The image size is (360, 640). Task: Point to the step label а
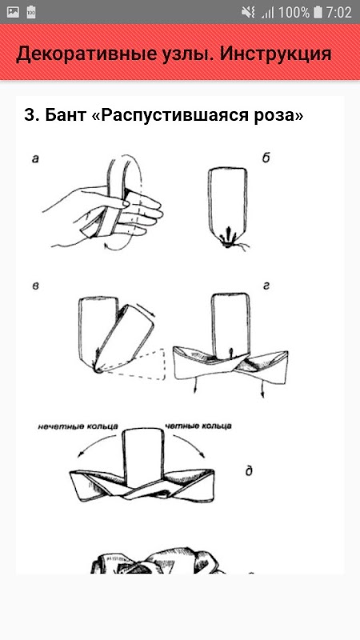point(35,159)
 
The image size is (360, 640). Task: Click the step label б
point(266,158)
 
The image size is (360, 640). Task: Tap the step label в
point(35,286)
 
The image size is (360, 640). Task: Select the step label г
point(266,286)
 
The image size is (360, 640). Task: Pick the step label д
point(249,471)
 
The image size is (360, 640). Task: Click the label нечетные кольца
point(78,427)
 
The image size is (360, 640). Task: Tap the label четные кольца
point(198,426)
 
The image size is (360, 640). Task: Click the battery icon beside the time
point(318,12)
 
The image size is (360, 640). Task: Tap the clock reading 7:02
point(338,12)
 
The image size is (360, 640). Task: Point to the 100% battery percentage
point(294,12)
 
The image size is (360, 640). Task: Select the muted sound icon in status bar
point(248,12)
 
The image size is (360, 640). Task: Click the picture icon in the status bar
point(13,12)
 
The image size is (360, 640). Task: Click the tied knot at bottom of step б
point(228,243)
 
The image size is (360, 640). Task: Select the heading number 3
point(31,115)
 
